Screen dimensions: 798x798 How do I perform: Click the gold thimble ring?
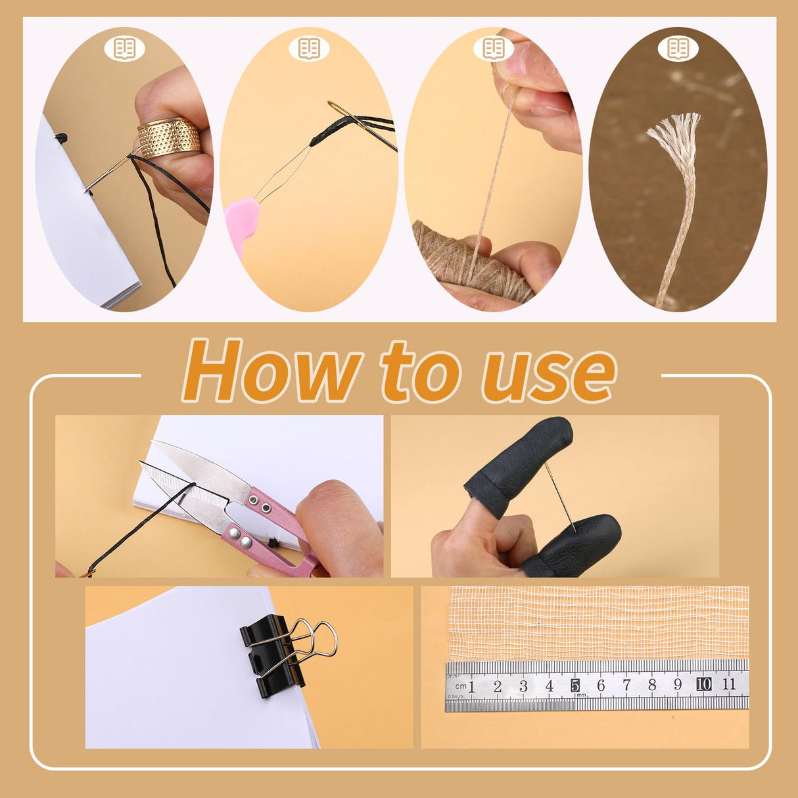coord(168,137)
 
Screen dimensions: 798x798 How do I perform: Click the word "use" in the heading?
coord(549,373)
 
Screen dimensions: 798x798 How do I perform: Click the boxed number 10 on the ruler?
coord(703,684)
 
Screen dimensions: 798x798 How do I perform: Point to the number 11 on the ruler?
coord(729,684)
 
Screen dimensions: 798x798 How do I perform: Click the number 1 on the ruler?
coord(472,686)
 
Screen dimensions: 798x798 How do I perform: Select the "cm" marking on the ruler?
coord(460,686)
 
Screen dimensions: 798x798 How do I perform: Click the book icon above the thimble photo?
coord(124,47)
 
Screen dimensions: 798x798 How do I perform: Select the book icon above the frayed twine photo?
coord(678,47)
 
